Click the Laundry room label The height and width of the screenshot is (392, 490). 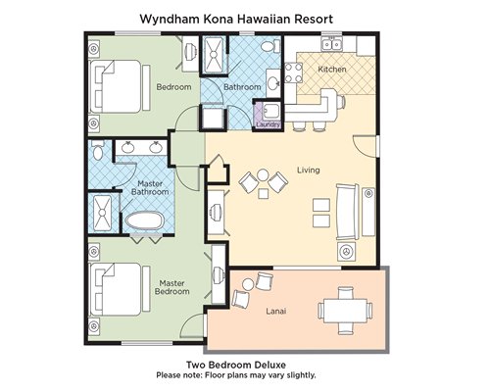269,124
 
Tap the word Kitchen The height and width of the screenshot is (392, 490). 332,70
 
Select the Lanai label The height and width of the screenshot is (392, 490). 276,311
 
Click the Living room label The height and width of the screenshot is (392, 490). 309,170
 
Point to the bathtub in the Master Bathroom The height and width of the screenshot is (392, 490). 144,221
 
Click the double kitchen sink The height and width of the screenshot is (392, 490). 331,44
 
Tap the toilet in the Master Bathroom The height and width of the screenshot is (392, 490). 97,150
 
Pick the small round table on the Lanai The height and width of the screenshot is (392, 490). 247,284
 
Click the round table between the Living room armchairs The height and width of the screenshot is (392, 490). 263,175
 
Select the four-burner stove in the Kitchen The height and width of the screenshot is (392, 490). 293,73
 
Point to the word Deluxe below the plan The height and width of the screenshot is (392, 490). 269,365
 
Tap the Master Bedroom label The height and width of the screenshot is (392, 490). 172,287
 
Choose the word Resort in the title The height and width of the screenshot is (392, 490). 314,19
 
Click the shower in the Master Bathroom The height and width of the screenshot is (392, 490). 102,213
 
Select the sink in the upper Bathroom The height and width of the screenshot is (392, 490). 273,82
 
